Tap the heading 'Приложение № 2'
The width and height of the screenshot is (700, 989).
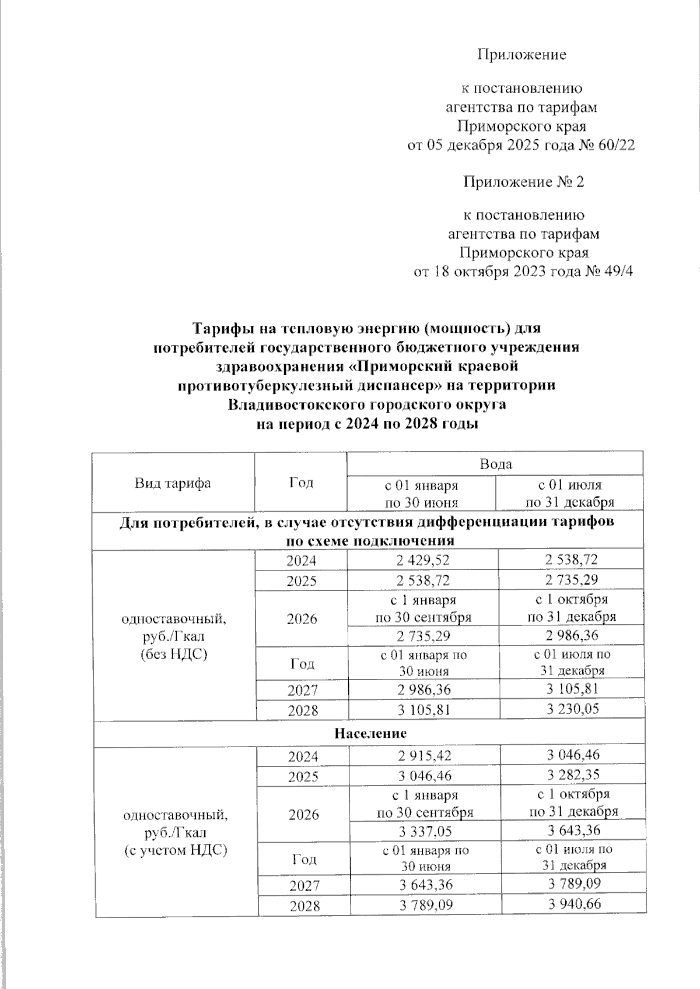523,182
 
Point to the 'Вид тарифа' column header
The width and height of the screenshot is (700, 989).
173,483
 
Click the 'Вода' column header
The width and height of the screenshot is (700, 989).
495,464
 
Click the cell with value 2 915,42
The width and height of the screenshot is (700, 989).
424,756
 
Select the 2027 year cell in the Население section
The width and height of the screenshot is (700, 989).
303,886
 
